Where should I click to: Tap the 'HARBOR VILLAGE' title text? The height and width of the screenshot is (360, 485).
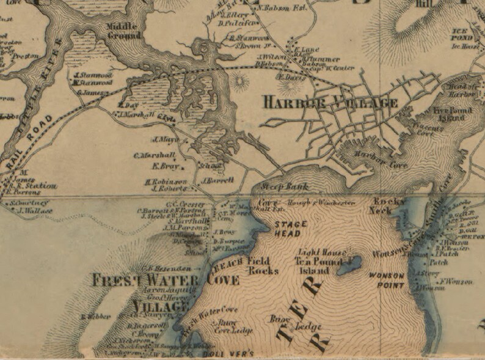(x=330, y=102)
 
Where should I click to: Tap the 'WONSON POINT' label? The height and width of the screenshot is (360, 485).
(x=387, y=281)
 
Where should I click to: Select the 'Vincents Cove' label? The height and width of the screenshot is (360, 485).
(x=417, y=131)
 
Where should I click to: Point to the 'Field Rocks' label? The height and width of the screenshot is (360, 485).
(x=263, y=265)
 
